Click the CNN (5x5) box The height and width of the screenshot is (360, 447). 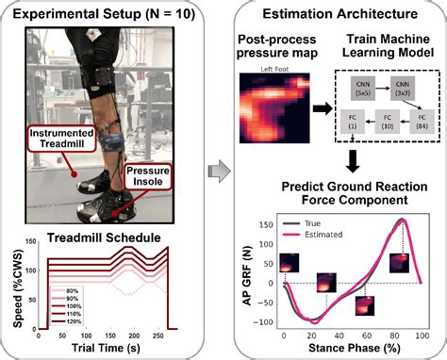tap(363, 90)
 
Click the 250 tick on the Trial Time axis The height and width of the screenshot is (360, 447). tap(156, 335)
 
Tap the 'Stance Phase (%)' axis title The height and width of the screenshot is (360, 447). tap(351, 349)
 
